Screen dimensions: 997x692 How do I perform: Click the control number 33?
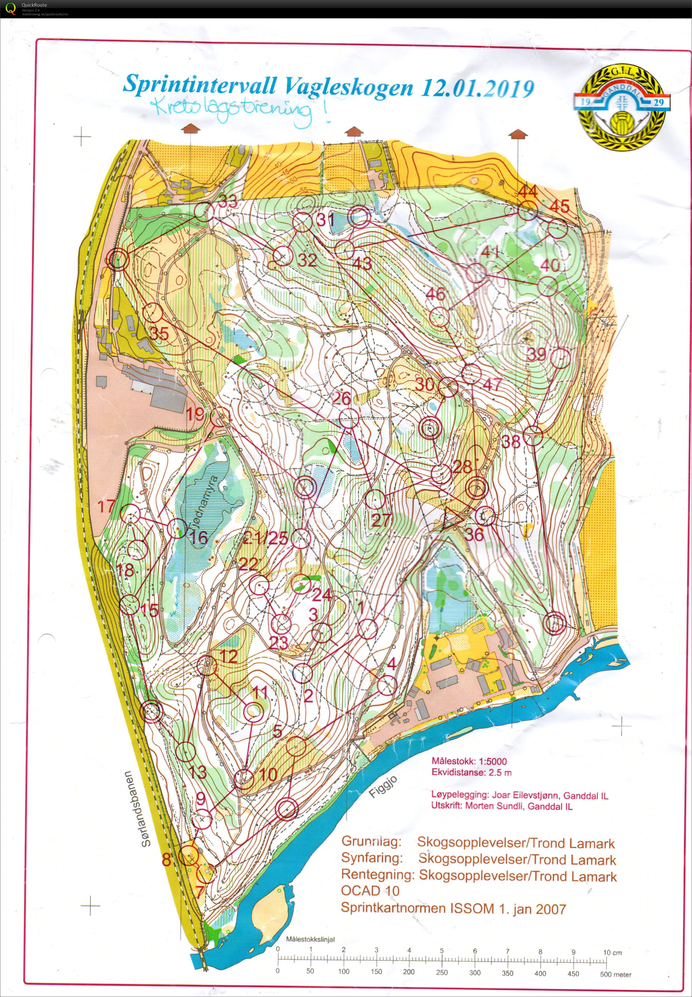(228, 201)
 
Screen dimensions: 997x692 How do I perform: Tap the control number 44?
(528, 191)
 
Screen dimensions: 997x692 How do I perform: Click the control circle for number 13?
(186, 751)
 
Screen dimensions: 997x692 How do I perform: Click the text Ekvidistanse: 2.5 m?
(471, 772)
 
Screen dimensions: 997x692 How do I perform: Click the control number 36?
(474, 534)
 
